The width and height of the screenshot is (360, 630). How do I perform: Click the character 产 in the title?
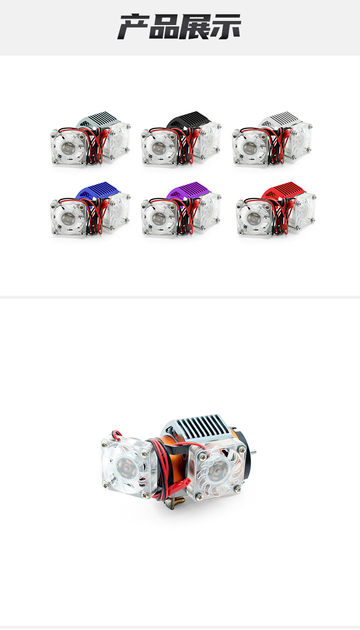click(134, 27)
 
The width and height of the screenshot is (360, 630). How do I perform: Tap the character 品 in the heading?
click(165, 27)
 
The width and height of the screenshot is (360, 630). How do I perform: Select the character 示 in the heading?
click(225, 27)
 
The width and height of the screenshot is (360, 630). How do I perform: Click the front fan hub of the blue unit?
click(67, 217)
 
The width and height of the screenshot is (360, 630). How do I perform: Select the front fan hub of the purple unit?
click(158, 217)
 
